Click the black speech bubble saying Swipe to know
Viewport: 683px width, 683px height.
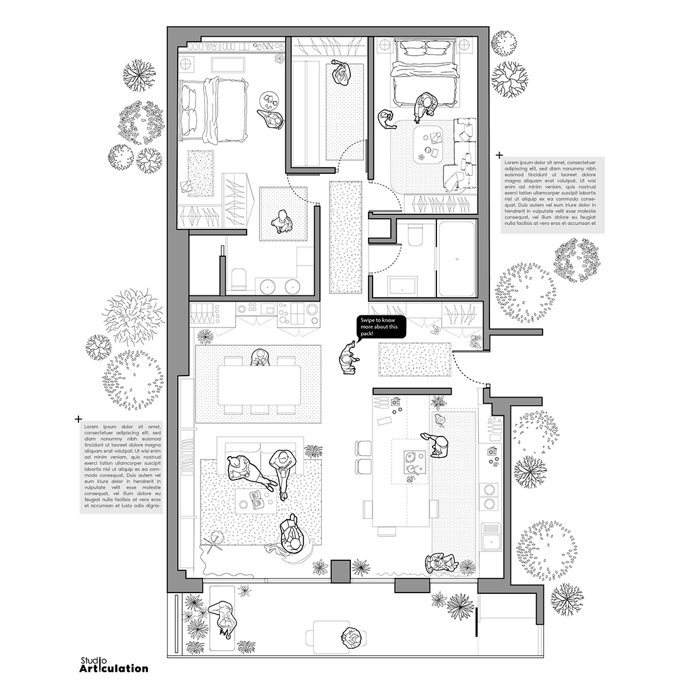tap(381, 327)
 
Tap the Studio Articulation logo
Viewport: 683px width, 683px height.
tap(114, 665)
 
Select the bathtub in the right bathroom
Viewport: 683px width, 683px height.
tap(457, 259)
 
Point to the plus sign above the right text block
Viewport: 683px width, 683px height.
tap(499, 155)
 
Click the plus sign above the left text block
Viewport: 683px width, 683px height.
tap(78, 419)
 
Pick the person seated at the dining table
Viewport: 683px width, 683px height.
tap(260, 357)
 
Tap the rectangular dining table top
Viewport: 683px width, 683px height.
tap(259, 385)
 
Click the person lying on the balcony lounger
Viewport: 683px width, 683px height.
tap(223, 619)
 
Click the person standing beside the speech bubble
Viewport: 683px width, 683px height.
tap(348, 357)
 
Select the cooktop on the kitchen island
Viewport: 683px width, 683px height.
tap(411, 462)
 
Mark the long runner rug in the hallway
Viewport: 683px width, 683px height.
tap(346, 238)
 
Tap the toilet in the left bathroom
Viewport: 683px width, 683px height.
tap(238, 278)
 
